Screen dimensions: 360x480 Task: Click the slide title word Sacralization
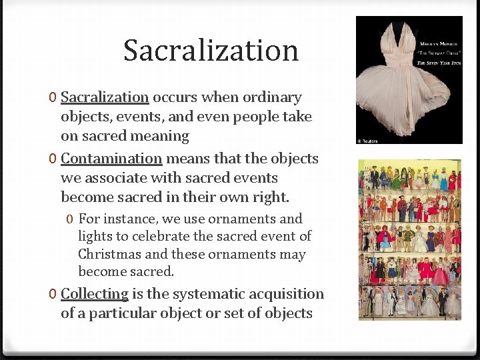pos(211,51)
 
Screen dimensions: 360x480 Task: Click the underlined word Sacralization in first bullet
pos(105,97)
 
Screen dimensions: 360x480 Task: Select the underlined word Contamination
pos(111,159)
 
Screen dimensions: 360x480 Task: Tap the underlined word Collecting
pos(95,294)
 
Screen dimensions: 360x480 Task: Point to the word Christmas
pos(109,254)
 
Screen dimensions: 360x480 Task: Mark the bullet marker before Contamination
pos(52,159)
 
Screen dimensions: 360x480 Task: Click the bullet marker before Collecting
pos(52,295)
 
